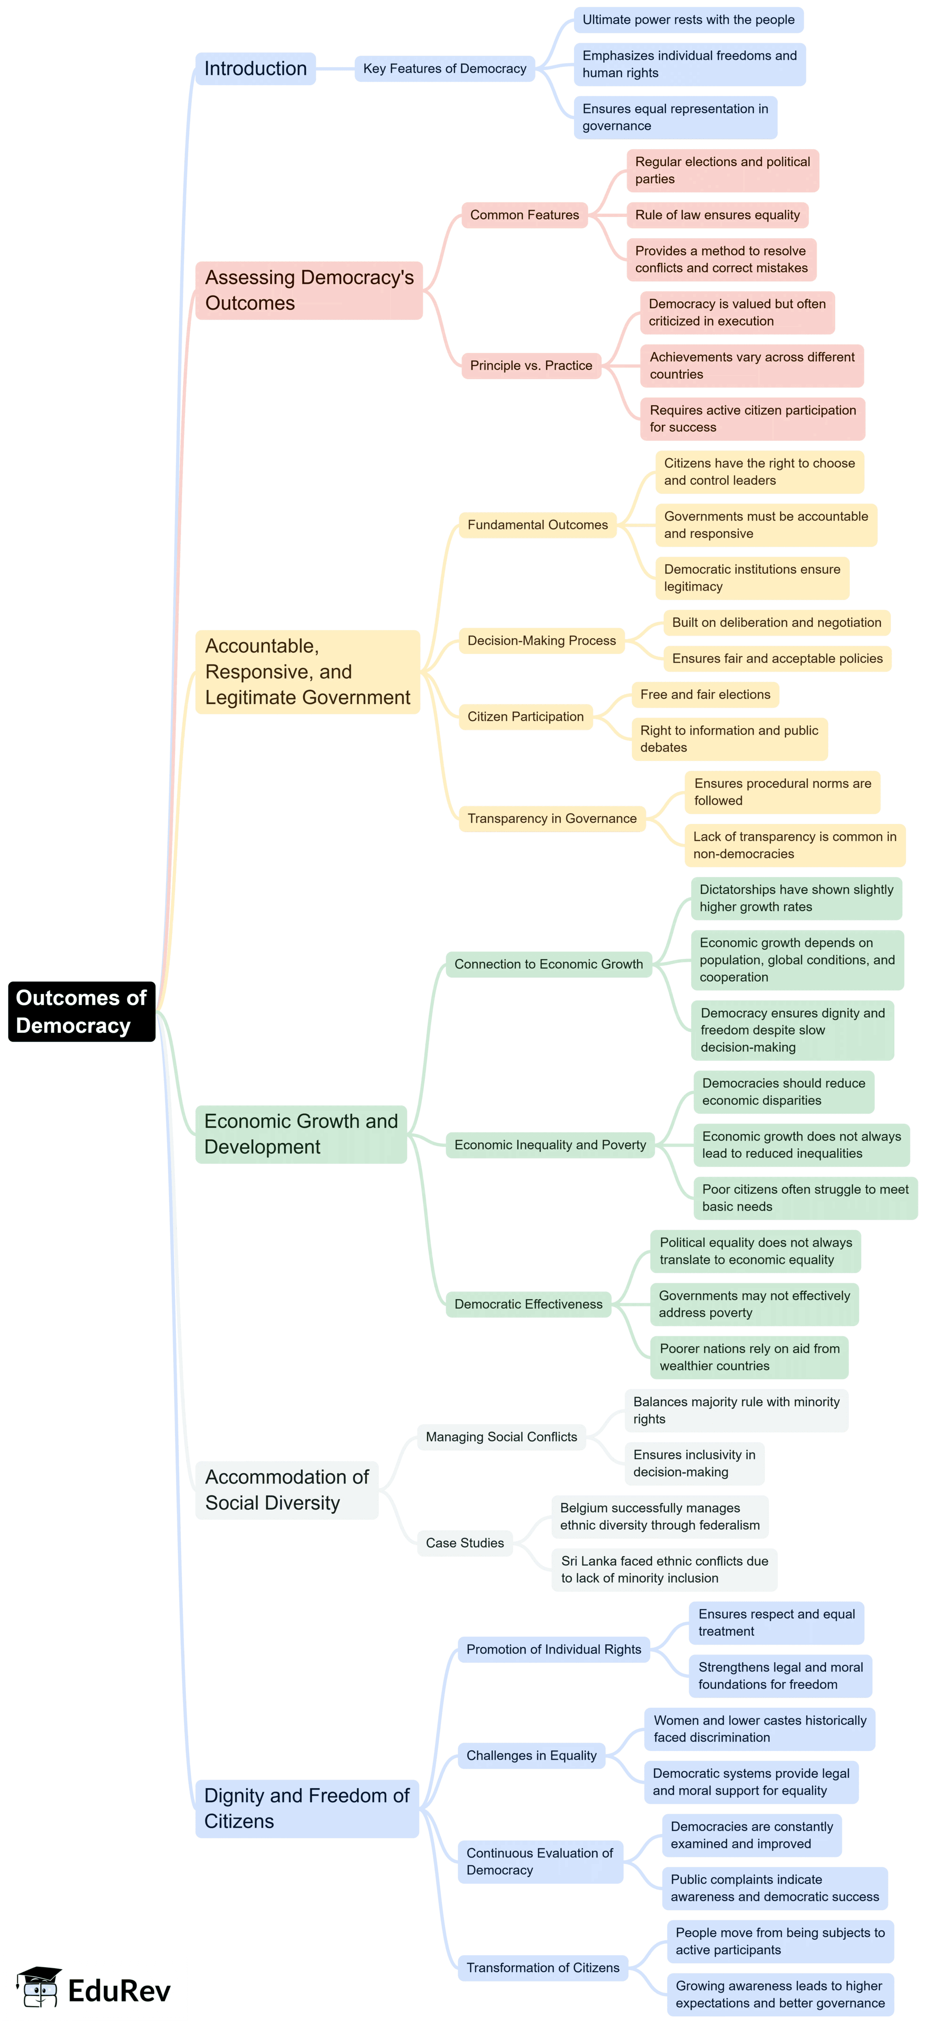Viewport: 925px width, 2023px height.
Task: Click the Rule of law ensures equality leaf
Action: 717,215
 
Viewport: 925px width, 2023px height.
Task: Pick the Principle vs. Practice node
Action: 531,365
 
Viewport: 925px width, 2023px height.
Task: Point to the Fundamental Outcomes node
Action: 537,525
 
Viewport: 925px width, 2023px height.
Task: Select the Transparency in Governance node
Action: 551,818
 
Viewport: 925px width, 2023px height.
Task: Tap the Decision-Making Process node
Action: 541,641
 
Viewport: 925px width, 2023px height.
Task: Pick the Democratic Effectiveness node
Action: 528,1303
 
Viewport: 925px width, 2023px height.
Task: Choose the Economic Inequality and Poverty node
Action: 550,1145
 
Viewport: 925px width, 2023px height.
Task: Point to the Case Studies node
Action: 464,1543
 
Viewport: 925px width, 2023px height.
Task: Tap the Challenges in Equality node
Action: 531,1755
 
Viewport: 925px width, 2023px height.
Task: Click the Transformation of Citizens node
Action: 542,1967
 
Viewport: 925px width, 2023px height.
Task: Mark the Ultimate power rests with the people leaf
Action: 688,20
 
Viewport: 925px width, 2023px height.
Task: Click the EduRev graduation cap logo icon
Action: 39,1987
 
